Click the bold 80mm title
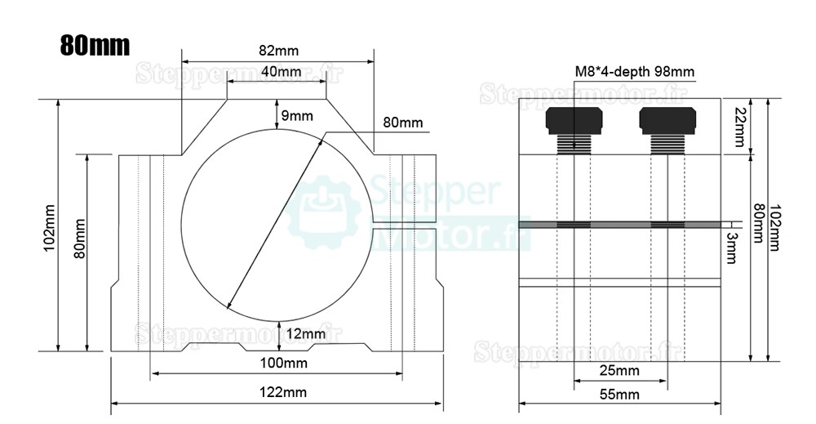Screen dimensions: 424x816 (95, 45)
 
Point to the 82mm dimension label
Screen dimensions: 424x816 (277, 50)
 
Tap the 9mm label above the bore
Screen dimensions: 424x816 (297, 116)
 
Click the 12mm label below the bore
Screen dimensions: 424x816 (307, 333)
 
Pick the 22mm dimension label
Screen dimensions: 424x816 (740, 127)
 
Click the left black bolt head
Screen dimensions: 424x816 (574, 121)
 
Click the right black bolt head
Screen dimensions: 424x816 (667, 121)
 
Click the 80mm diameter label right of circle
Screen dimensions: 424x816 (402, 123)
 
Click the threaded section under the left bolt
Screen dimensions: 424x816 (574, 144)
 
